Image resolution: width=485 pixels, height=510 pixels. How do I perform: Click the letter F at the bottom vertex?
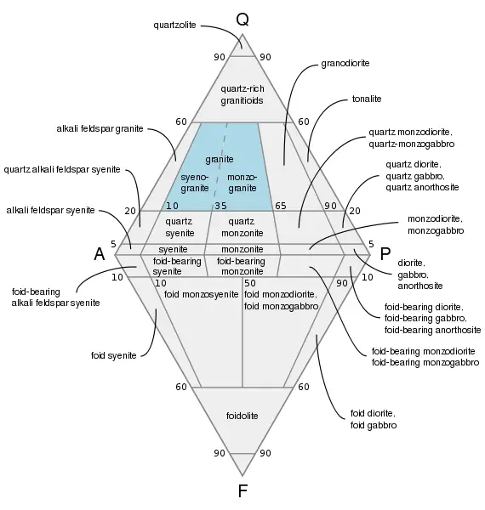[x=242, y=490]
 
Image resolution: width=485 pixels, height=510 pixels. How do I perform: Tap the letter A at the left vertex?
[x=100, y=253]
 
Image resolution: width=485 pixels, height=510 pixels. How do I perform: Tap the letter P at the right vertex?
[x=385, y=253]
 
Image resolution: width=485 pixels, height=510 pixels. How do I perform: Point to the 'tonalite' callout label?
[x=367, y=99]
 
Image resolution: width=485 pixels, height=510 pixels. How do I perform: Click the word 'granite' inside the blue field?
[x=219, y=159]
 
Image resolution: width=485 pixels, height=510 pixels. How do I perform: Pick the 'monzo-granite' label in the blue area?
[x=242, y=181]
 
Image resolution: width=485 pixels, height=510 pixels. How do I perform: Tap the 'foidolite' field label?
[x=242, y=416]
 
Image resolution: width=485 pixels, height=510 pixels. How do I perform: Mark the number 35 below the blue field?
[x=220, y=207]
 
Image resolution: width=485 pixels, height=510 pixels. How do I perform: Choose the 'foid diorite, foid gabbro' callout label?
[x=373, y=419]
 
